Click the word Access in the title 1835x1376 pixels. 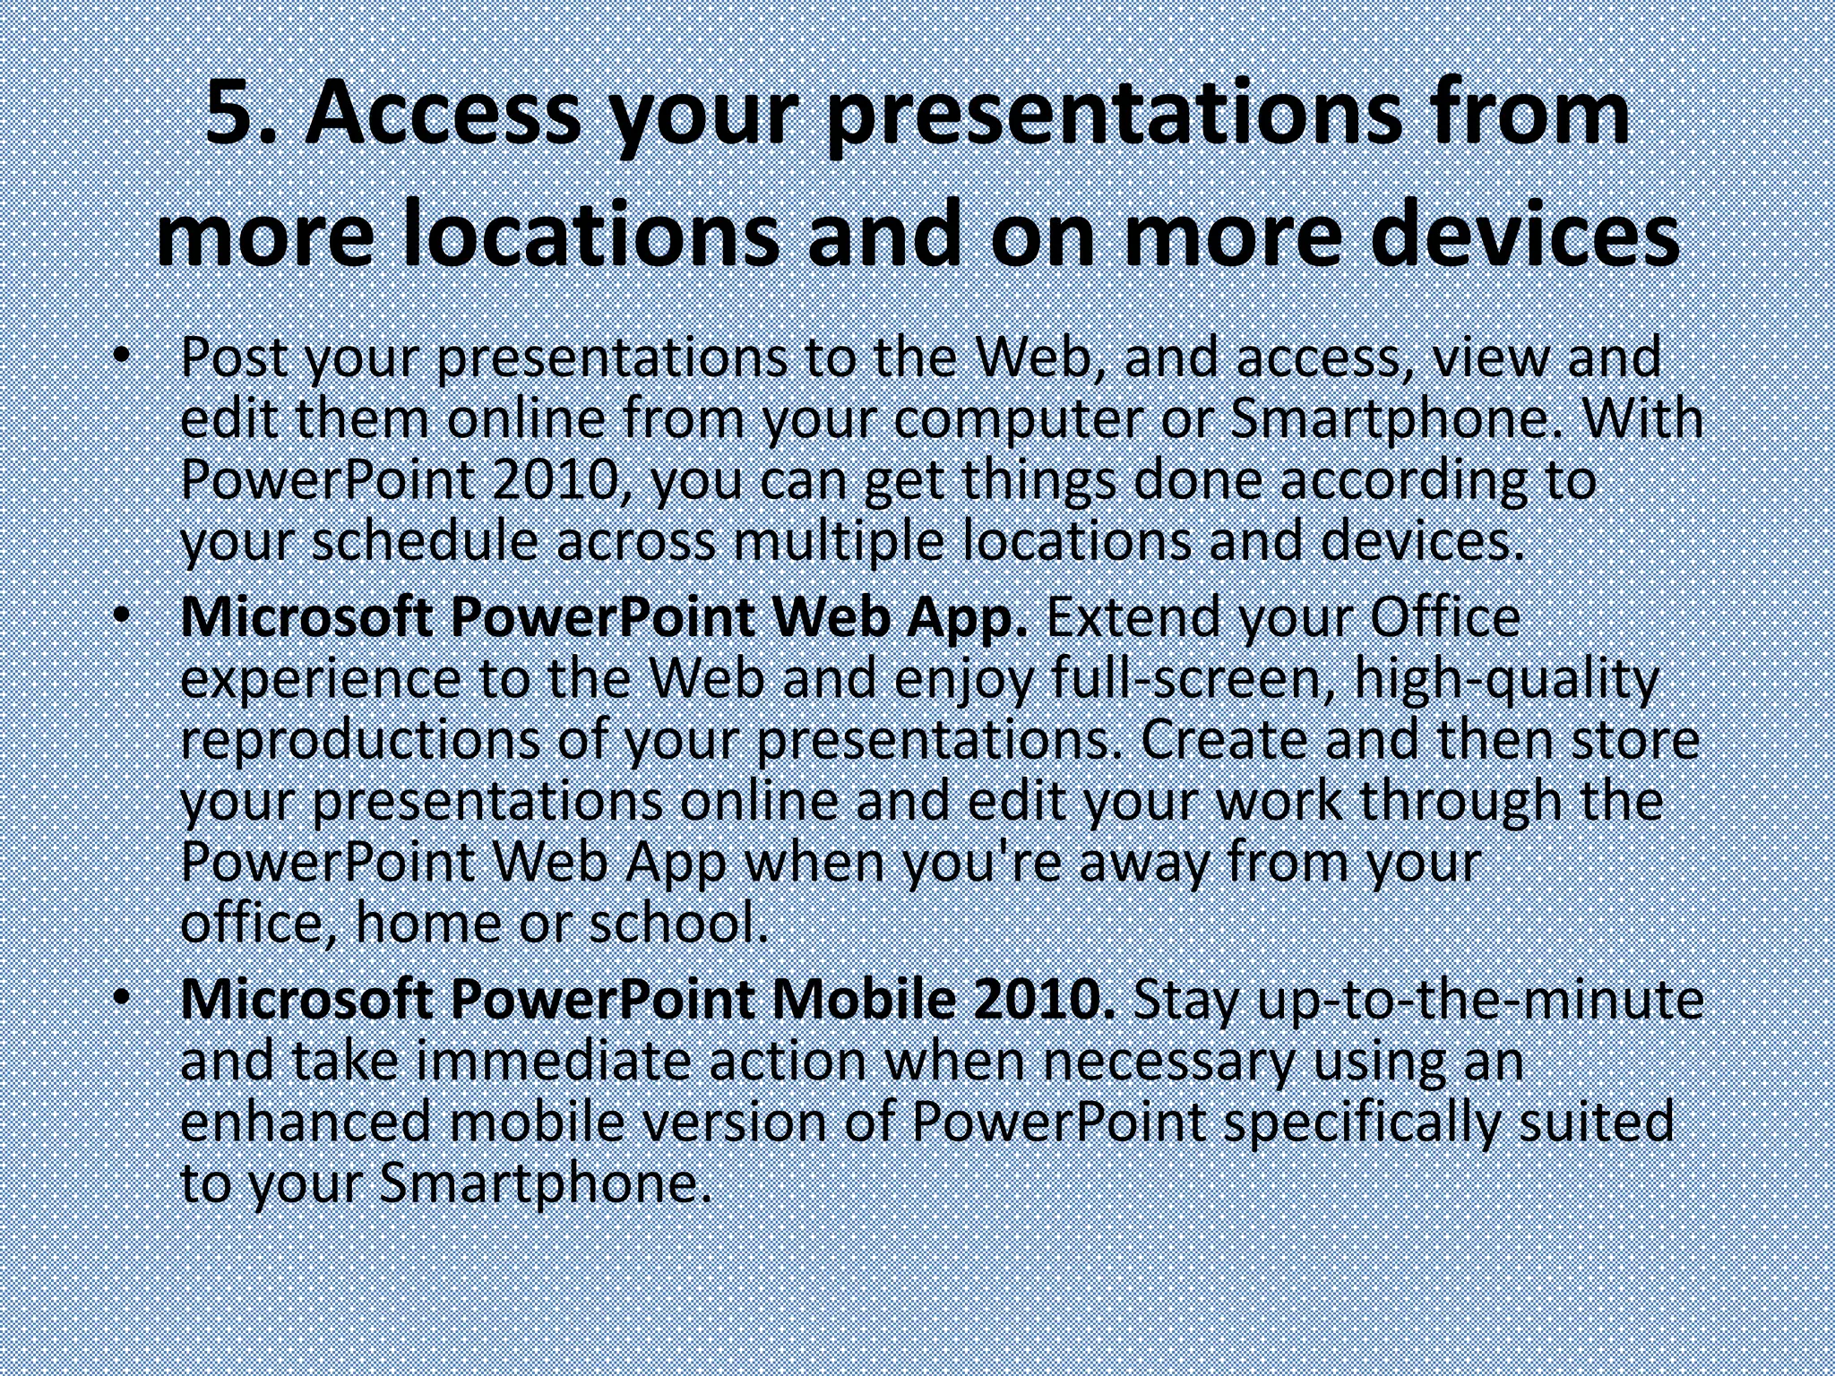click(443, 115)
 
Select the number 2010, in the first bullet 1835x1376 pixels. click(560, 480)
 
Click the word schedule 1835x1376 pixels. click(425, 541)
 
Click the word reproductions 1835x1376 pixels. click(360, 740)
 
